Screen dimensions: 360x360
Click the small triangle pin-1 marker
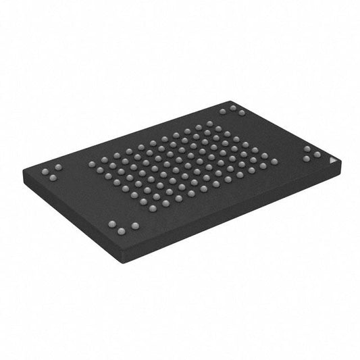pyautogui.click(x=331, y=161)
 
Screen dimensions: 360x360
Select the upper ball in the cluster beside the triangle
pyautogui.click(x=307, y=149)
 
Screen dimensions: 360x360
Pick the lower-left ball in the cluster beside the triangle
pyautogui.click(x=307, y=159)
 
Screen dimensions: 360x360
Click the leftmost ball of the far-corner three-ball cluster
pyautogui.click(x=223, y=111)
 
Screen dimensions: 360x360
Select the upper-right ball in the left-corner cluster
pyautogui.click(x=57, y=167)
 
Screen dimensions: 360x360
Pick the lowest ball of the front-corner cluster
pyautogui.click(x=122, y=232)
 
